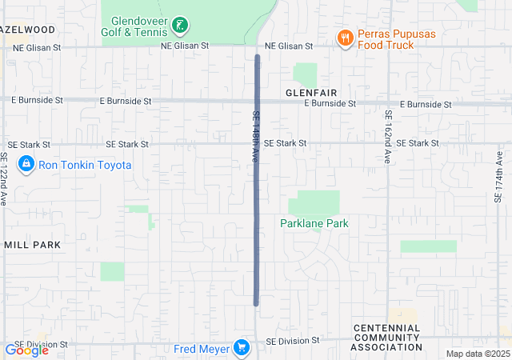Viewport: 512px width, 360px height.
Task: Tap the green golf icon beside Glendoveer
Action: pos(182,26)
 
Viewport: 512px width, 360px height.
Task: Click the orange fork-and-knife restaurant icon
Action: pos(345,38)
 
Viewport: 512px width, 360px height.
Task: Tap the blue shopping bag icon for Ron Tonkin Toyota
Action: pos(26,164)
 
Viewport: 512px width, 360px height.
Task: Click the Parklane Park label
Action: pos(314,224)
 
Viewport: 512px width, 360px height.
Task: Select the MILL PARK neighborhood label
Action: pos(33,244)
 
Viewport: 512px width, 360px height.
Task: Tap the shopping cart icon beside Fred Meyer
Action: pos(241,348)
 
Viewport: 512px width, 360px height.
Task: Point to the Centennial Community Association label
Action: pos(386,338)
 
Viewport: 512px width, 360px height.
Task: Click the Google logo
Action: pos(26,350)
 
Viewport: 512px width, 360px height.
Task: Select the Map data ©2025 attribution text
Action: pos(477,354)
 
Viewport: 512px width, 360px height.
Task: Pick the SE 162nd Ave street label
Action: pos(387,137)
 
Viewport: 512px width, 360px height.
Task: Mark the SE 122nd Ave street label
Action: pos(4,179)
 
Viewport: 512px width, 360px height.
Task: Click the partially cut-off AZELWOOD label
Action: pos(29,30)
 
